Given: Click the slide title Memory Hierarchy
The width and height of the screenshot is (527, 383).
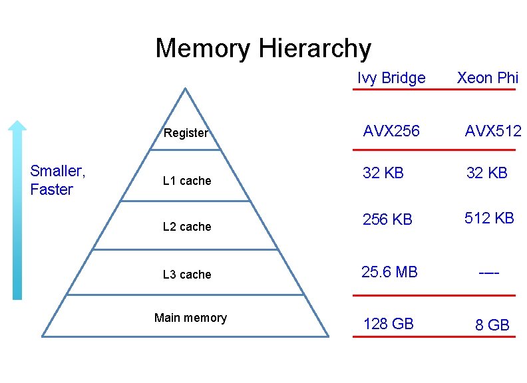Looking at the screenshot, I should click(263, 49).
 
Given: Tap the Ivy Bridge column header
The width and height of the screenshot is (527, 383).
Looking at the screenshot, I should click(391, 78).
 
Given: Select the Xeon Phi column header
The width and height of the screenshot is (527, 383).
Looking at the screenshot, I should click(487, 78).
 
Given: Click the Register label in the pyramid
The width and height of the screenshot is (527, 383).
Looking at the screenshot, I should click(186, 133).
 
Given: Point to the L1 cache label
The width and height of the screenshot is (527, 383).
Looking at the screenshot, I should click(187, 181).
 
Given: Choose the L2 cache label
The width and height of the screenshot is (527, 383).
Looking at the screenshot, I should click(187, 227).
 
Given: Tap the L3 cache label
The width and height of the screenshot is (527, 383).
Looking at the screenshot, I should click(187, 275).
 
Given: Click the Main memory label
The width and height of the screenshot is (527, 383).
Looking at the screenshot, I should click(190, 318).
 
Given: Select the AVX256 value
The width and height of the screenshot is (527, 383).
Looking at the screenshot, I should click(391, 131).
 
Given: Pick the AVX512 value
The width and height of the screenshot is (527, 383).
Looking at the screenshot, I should click(493, 131).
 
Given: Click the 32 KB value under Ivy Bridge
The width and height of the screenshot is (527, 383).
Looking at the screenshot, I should click(383, 174).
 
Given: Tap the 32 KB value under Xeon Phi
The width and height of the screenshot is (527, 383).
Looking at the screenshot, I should click(487, 174).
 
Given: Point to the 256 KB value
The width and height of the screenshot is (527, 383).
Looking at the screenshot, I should click(387, 219).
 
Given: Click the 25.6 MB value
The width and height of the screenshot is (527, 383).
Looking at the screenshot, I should click(389, 272).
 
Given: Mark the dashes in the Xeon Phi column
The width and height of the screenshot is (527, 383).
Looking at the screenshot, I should click(489, 273).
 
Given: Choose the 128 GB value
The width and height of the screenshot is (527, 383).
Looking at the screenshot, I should click(389, 324).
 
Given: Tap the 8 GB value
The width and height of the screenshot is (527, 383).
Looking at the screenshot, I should click(492, 325).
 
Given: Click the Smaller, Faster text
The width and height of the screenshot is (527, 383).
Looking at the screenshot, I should click(58, 180).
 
